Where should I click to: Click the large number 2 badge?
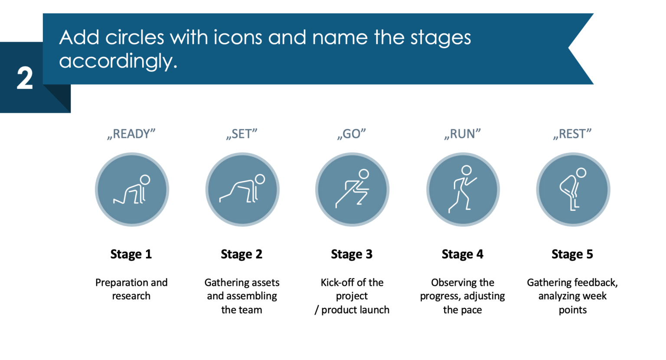click(x=25, y=79)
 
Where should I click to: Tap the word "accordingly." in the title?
click(x=118, y=62)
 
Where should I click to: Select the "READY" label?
click(x=131, y=134)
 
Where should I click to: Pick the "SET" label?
click(x=242, y=134)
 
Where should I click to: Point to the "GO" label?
click(x=352, y=134)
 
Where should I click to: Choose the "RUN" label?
click(x=462, y=134)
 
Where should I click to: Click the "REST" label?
click(x=572, y=134)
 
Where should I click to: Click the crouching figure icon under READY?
click(x=132, y=190)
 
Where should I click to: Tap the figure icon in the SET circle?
click(x=242, y=190)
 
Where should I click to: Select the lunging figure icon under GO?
click(x=352, y=190)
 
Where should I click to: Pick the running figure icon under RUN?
click(x=463, y=190)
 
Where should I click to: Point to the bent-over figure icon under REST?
click(x=573, y=190)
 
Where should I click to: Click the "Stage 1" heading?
click(x=131, y=254)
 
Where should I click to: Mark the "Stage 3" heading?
click(x=352, y=254)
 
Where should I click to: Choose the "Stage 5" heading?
click(x=572, y=254)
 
